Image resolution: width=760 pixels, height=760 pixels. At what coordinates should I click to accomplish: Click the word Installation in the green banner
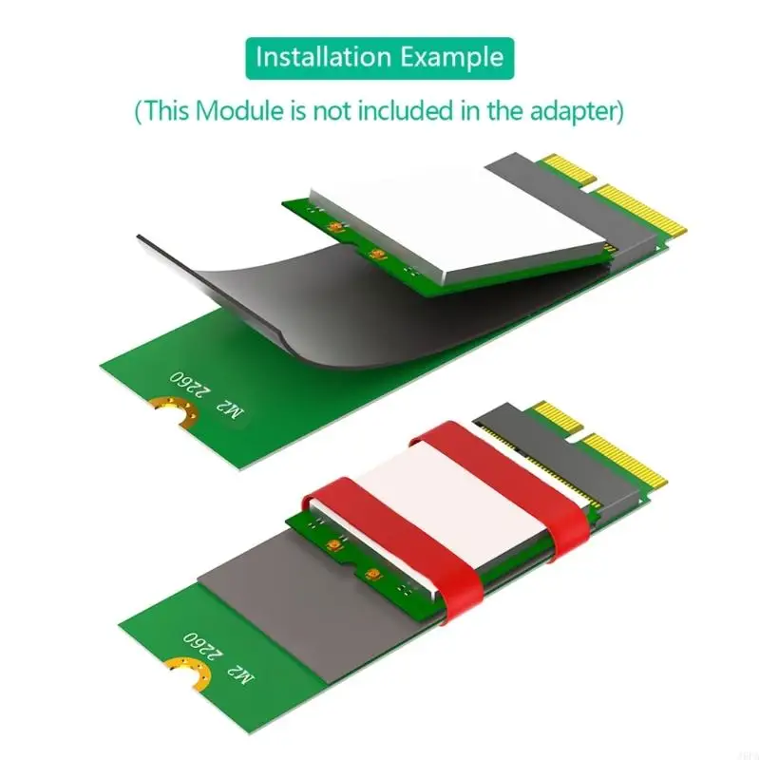[323, 57]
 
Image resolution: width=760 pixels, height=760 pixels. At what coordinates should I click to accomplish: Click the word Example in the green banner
[452, 58]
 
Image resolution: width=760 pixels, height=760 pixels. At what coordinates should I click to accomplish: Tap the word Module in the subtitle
[239, 110]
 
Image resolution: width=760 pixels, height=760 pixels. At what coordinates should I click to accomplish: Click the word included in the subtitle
[406, 110]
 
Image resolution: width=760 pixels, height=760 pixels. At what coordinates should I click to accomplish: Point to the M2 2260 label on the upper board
[206, 393]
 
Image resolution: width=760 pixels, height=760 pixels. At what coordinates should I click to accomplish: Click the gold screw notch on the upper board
[176, 411]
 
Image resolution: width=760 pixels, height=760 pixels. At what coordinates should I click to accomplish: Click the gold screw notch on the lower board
[190, 673]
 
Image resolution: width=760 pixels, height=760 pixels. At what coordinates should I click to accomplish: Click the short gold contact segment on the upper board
[568, 169]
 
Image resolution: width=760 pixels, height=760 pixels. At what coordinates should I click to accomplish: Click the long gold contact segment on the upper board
[640, 209]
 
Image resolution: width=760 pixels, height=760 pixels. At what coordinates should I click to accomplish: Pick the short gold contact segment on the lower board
[558, 417]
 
